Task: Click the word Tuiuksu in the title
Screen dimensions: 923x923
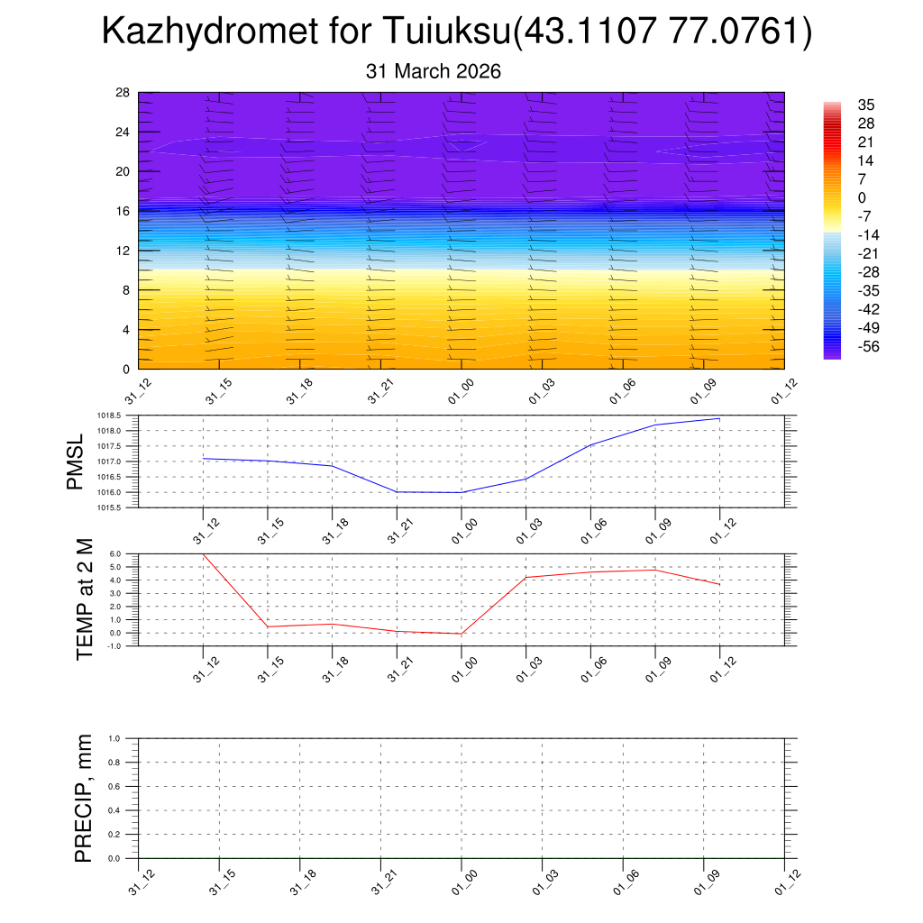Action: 447,32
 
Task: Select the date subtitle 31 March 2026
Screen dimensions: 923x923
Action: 434,71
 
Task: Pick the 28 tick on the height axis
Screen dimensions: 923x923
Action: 123,93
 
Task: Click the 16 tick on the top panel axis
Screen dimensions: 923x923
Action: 123,211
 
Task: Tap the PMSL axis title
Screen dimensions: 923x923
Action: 75,461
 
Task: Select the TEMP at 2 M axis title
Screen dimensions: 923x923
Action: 85,599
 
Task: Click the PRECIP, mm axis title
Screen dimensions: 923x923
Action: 85,799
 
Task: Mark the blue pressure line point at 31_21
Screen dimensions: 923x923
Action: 398,492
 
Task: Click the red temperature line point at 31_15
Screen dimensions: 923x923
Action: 268,626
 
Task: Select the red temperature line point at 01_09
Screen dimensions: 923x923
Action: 655,570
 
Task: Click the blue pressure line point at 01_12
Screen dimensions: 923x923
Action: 719,418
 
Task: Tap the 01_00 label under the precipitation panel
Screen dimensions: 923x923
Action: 461,882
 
